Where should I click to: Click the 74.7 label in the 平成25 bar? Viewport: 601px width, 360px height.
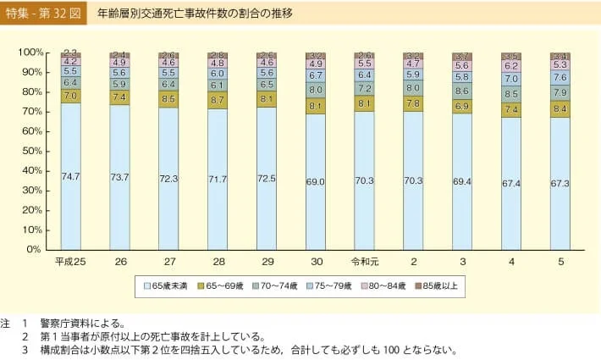[71, 176]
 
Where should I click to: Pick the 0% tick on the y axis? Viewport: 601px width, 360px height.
[35, 250]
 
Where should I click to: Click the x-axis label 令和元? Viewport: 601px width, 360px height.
[364, 262]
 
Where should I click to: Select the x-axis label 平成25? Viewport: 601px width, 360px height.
[70, 262]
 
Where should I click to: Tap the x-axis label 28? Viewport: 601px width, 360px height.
[218, 262]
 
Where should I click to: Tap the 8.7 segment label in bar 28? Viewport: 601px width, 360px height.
[218, 99]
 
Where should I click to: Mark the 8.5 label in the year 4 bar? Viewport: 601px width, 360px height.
[511, 94]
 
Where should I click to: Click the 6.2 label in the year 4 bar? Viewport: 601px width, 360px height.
[511, 65]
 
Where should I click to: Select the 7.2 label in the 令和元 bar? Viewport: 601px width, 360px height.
[364, 88]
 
